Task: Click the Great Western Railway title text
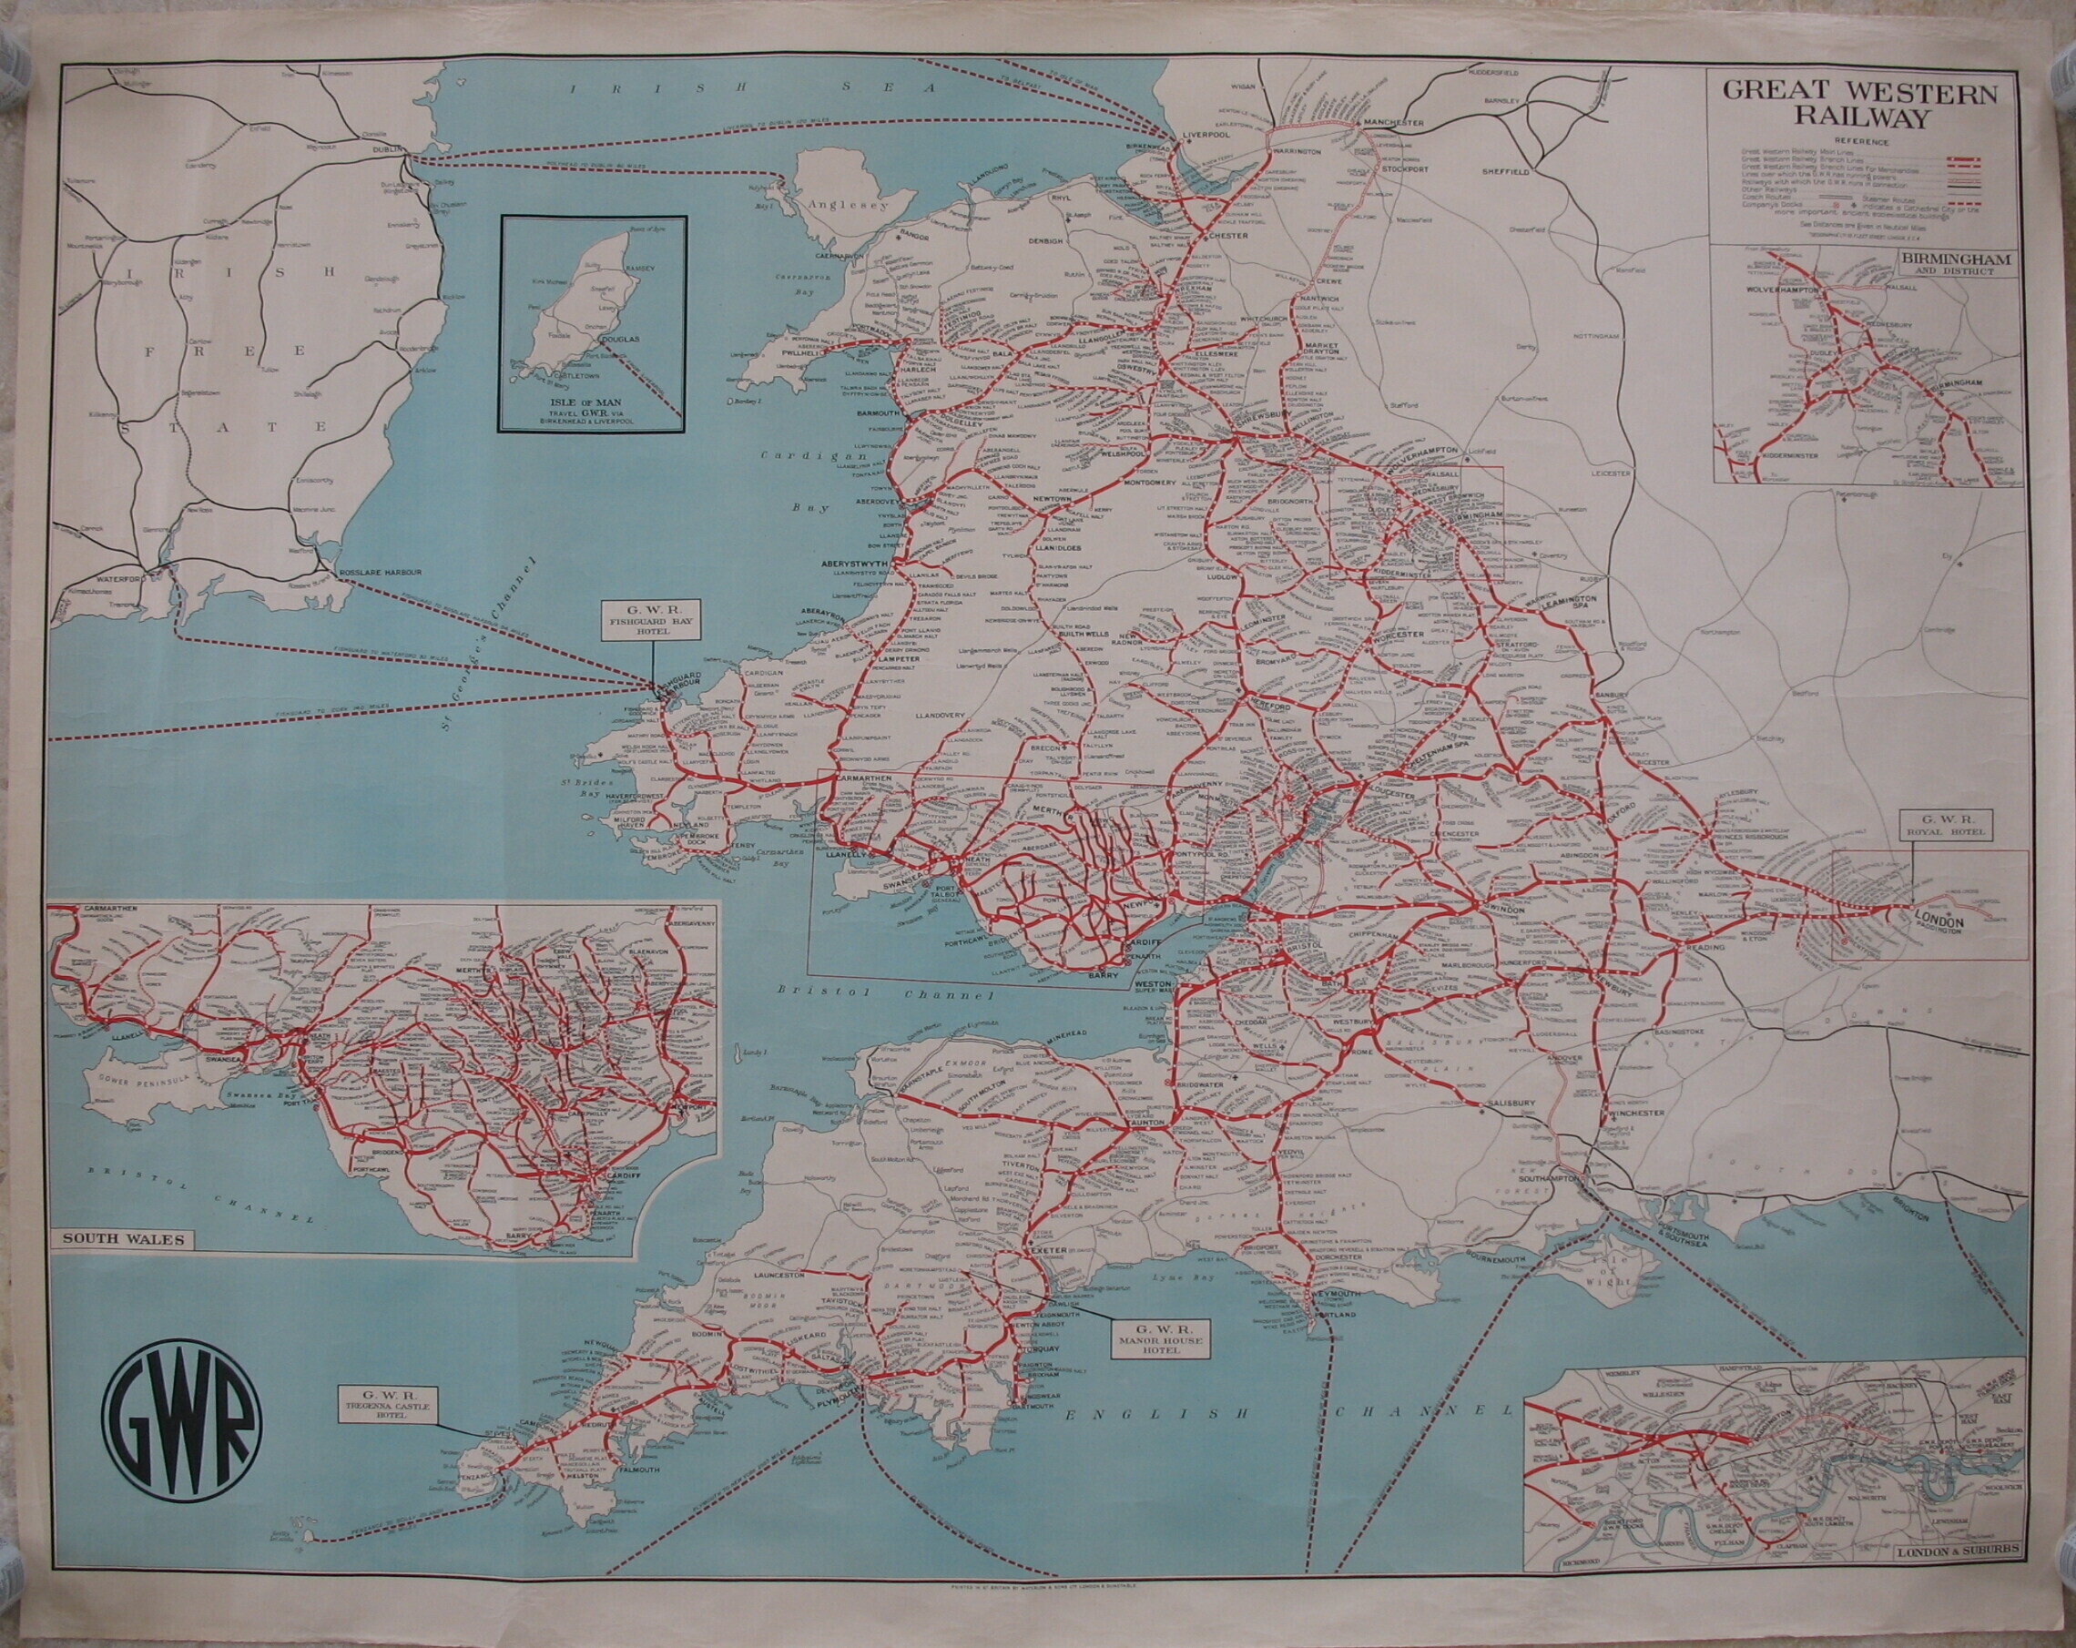1859,106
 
